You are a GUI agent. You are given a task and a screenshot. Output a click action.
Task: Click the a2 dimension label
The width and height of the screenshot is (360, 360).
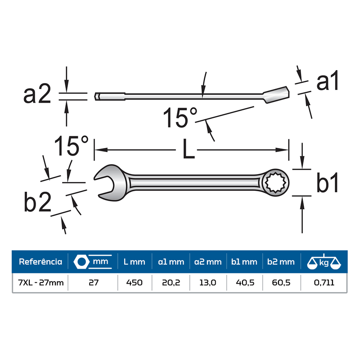point(37,94)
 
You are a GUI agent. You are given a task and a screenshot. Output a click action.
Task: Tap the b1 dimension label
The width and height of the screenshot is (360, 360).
point(327,182)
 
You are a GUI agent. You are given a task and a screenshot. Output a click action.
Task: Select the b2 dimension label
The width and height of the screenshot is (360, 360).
point(37,202)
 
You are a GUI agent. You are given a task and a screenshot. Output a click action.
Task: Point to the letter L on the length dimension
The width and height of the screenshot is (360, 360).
point(189,149)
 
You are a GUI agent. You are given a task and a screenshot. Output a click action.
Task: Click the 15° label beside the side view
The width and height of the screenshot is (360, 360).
point(180,117)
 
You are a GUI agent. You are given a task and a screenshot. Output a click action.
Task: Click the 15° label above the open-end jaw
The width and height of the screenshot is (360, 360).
point(71,145)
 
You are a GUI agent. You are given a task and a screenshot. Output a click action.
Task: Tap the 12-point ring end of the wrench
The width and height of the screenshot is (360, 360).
point(275,183)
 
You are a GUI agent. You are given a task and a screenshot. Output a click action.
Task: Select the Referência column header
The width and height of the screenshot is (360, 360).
point(40,262)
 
